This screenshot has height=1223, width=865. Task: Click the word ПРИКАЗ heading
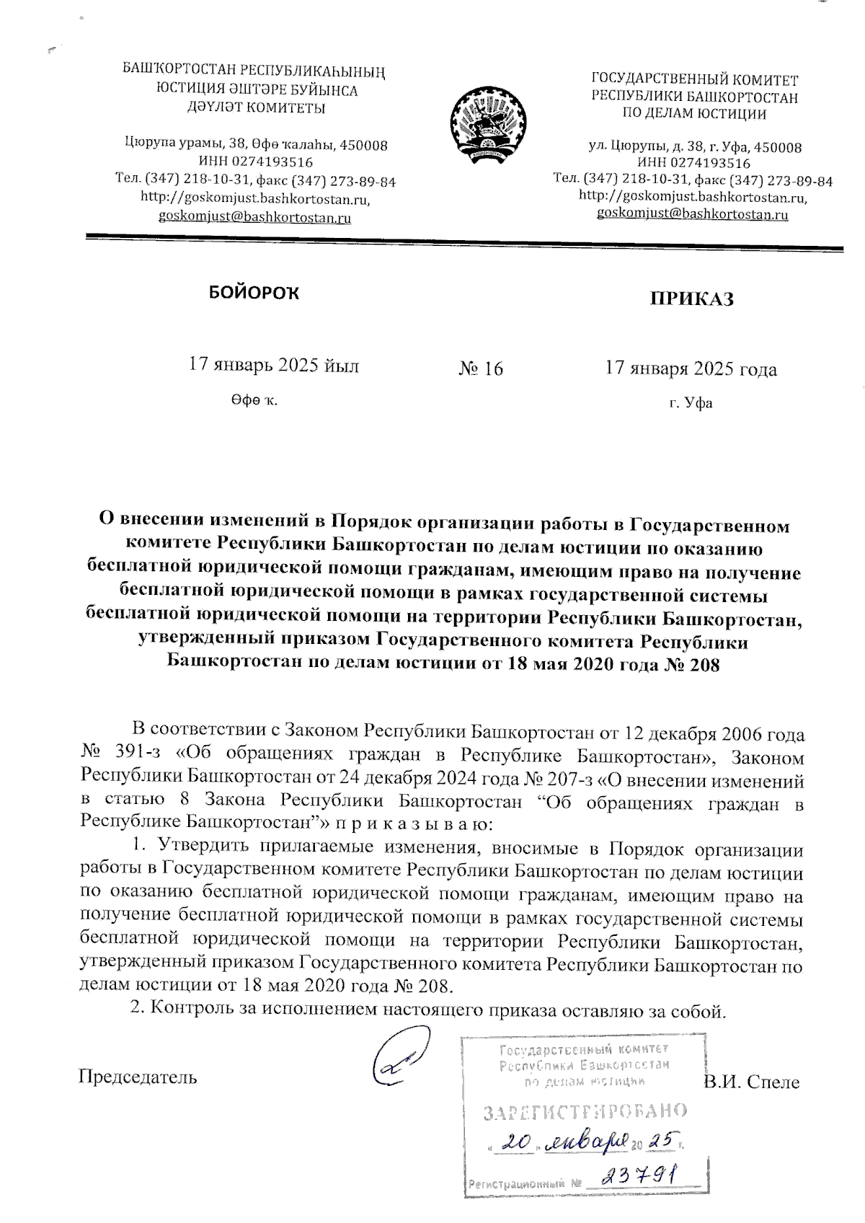click(x=692, y=299)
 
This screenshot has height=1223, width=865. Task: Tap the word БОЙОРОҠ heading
click(x=253, y=292)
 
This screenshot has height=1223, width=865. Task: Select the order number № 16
click(x=481, y=369)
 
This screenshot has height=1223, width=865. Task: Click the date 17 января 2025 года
click(x=691, y=369)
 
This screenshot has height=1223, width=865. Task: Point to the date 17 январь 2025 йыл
click(x=273, y=365)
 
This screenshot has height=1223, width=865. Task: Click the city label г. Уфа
click(x=690, y=403)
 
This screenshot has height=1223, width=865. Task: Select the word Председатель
click(x=137, y=1077)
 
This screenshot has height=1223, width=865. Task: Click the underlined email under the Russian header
click(x=692, y=214)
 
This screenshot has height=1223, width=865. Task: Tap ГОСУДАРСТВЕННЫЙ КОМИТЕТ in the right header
click(x=694, y=79)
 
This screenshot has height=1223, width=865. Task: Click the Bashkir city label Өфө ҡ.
click(x=254, y=400)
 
